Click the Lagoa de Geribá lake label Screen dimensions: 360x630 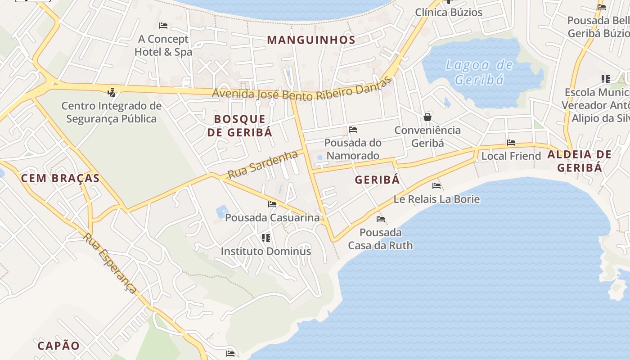pos(479,72)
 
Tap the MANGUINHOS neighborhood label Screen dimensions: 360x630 pos(311,40)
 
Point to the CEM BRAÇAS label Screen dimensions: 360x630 pos(60,178)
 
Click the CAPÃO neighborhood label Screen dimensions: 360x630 pos(58,346)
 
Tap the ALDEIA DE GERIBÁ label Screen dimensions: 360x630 pos(579,161)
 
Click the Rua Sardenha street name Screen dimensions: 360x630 pos(262,165)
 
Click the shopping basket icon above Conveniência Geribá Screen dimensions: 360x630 pos(427,117)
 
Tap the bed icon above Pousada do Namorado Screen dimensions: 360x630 pos(353,130)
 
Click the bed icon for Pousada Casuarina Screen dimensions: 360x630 pos(272,204)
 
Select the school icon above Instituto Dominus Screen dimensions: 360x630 pos(266,237)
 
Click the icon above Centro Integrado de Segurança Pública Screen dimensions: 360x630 pos(111,93)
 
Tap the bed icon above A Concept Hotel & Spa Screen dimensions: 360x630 pos(163,26)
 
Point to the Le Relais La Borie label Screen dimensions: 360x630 pos(436,199)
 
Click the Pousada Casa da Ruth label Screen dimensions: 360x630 pos(380,239)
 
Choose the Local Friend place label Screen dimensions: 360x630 pos(511,156)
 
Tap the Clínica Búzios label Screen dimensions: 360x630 pos(449,12)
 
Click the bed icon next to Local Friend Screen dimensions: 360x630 pos(511,143)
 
